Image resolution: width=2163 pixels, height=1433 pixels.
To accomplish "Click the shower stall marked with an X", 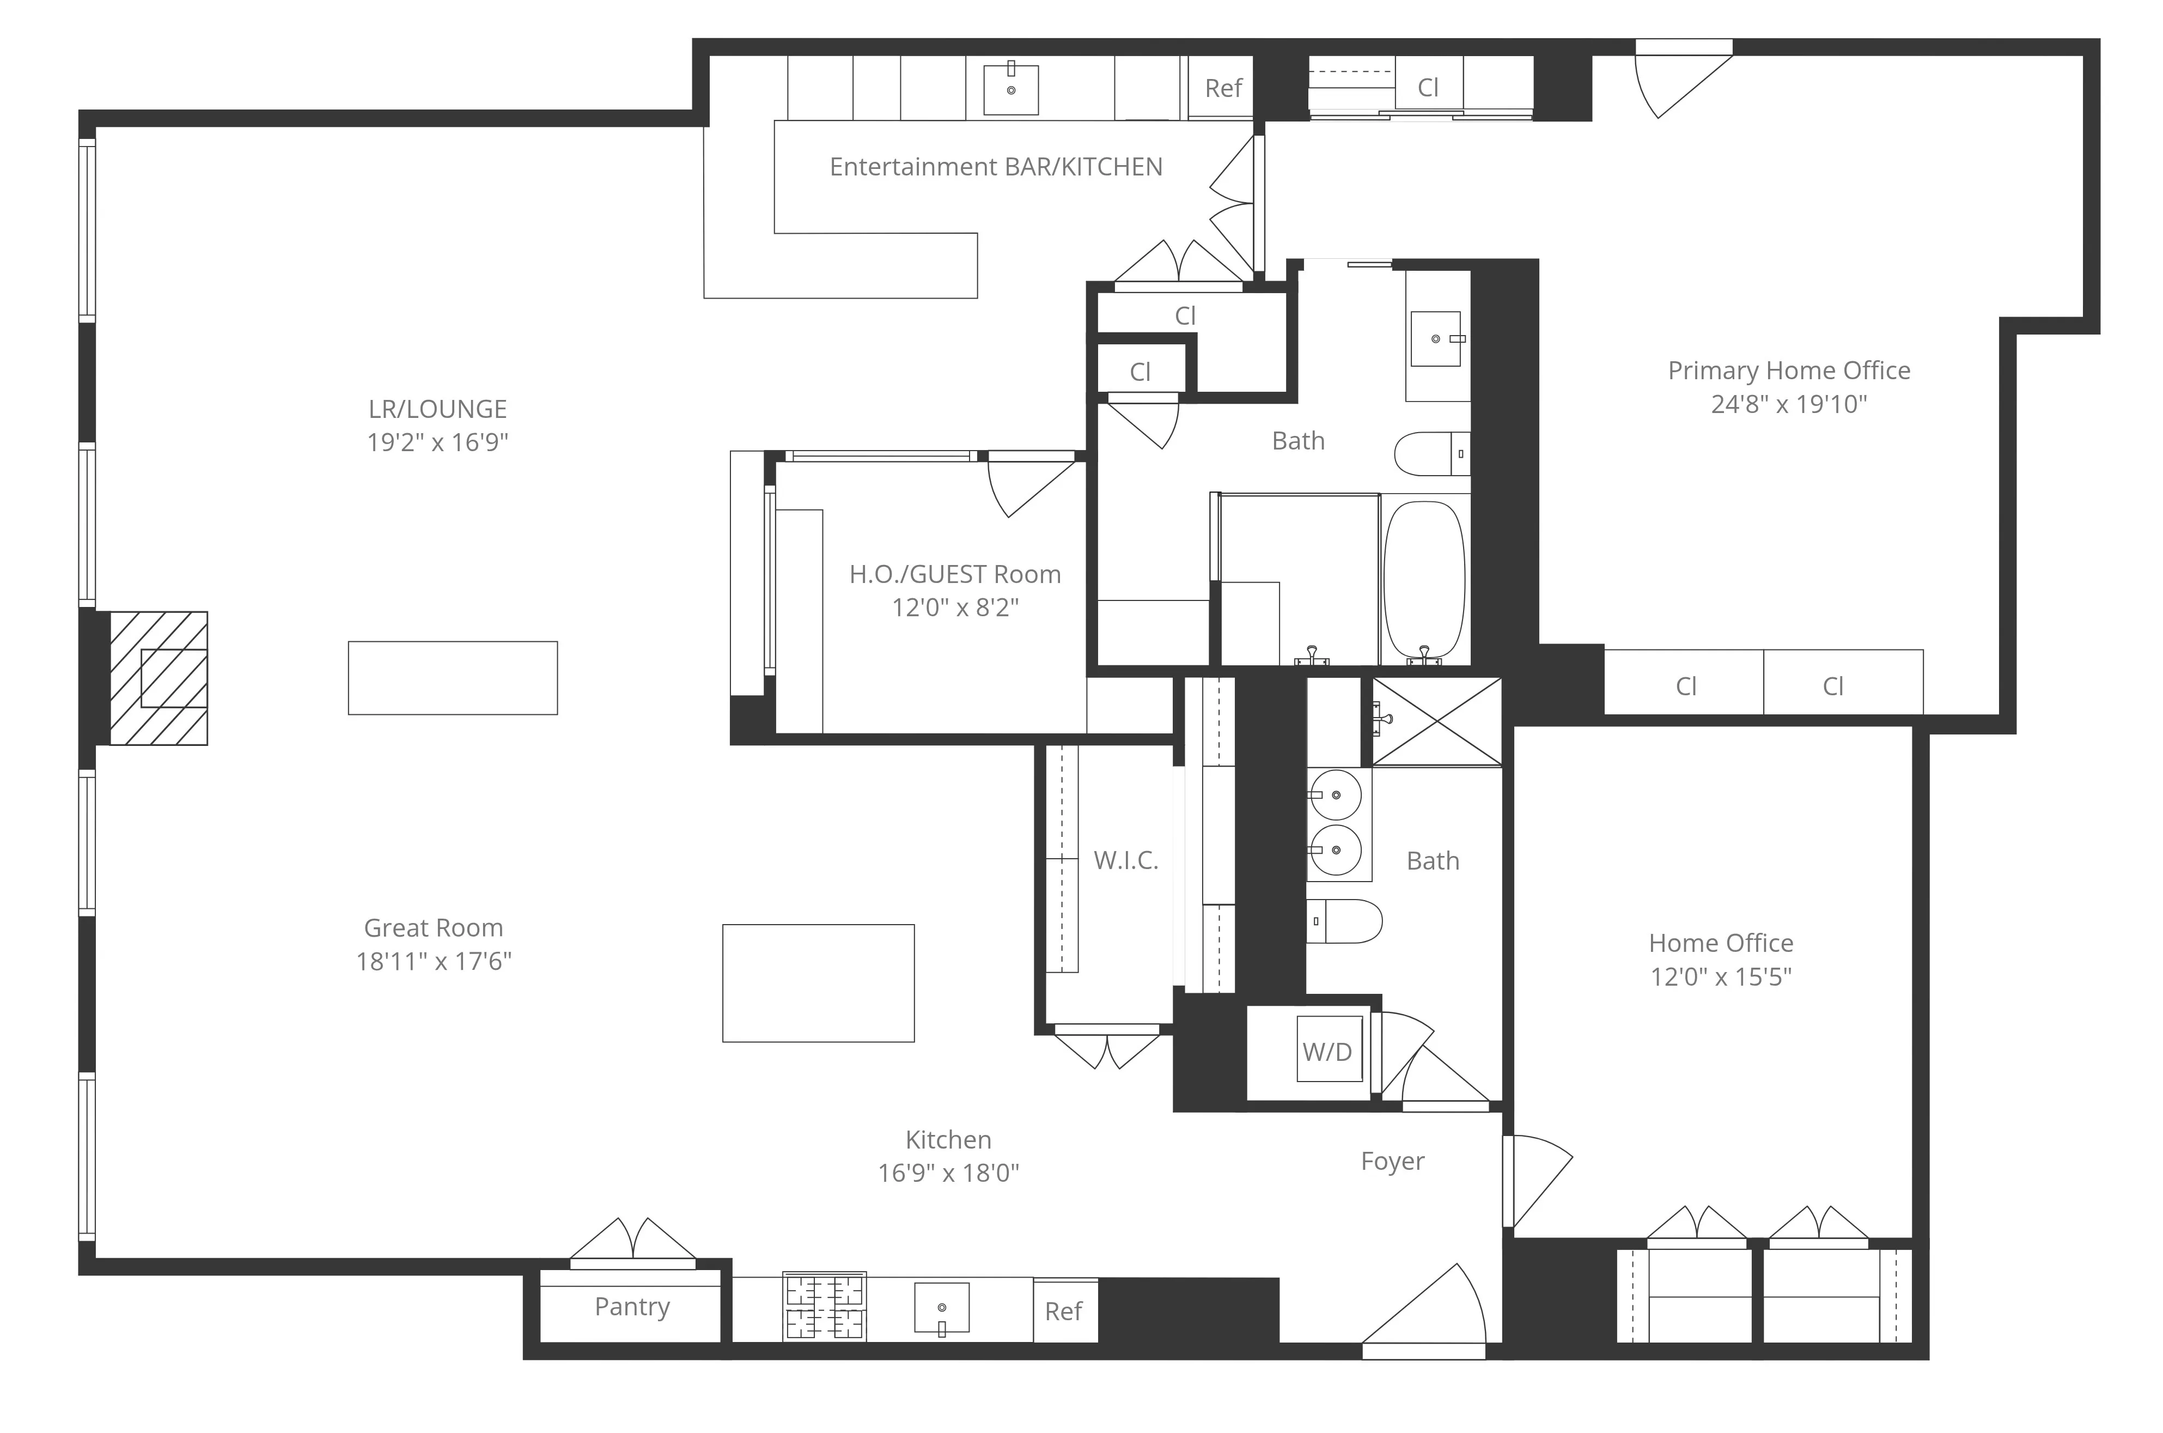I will (x=1437, y=721).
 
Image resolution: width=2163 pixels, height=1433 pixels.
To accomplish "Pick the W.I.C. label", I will (x=1125, y=860).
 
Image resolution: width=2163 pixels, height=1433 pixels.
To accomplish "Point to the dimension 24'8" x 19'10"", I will (x=1788, y=404).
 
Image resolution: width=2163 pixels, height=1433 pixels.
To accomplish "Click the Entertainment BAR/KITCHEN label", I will (x=996, y=166).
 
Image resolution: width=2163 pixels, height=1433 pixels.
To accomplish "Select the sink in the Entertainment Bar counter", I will (x=1011, y=89).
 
